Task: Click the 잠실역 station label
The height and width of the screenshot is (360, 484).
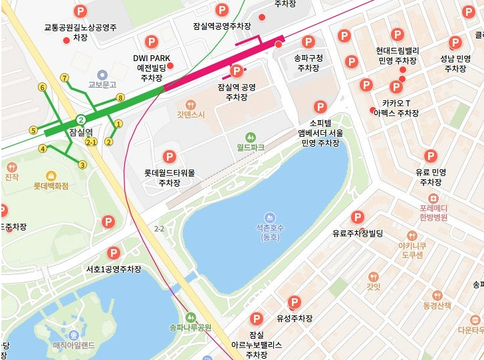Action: [80, 132]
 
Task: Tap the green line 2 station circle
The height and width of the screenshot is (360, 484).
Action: [80, 120]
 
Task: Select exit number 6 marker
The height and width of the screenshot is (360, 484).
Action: [42, 87]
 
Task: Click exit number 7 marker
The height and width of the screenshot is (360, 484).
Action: [64, 78]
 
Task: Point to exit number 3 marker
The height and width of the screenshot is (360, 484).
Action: [82, 165]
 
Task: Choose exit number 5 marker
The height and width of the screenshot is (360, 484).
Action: [33, 130]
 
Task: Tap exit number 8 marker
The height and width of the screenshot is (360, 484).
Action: [120, 98]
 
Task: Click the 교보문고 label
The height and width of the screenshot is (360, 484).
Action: [102, 85]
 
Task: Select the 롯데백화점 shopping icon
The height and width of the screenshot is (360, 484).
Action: [51, 176]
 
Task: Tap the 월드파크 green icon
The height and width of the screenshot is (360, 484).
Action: [251, 136]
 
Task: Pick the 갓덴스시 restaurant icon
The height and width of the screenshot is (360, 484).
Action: [191, 104]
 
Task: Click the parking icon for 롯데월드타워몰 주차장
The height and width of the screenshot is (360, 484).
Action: [169, 157]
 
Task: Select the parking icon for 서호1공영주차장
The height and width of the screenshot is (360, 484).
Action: [114, 253]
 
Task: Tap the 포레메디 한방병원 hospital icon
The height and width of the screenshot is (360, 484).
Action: [433, 199]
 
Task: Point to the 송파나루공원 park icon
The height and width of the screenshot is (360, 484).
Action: [191, 317]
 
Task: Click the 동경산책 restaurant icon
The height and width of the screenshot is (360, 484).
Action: [437, 295]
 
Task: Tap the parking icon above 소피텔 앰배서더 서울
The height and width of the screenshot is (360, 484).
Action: [320, 107]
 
